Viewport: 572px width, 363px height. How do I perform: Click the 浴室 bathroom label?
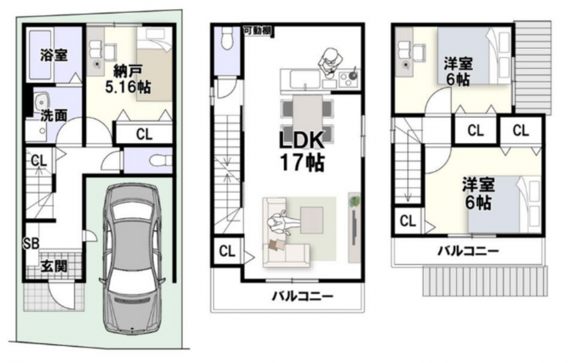54,55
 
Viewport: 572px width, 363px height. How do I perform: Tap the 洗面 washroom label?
54,115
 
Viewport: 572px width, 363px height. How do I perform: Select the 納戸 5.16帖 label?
128,79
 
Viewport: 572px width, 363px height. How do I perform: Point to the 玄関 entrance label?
54,266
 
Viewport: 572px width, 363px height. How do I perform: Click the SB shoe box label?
31,243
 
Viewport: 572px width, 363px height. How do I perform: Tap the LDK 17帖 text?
301,151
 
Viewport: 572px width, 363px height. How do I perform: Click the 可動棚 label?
257,31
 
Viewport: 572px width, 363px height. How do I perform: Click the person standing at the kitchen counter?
331,61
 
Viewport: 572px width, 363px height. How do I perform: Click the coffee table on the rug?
311,220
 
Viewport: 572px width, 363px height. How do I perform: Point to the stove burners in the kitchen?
349,78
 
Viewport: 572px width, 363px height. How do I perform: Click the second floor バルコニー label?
303,296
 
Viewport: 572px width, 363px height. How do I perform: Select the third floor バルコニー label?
468,251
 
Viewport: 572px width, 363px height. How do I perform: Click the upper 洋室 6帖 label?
458,72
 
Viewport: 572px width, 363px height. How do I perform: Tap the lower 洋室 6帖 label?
478,194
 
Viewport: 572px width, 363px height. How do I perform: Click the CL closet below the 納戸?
144,134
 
